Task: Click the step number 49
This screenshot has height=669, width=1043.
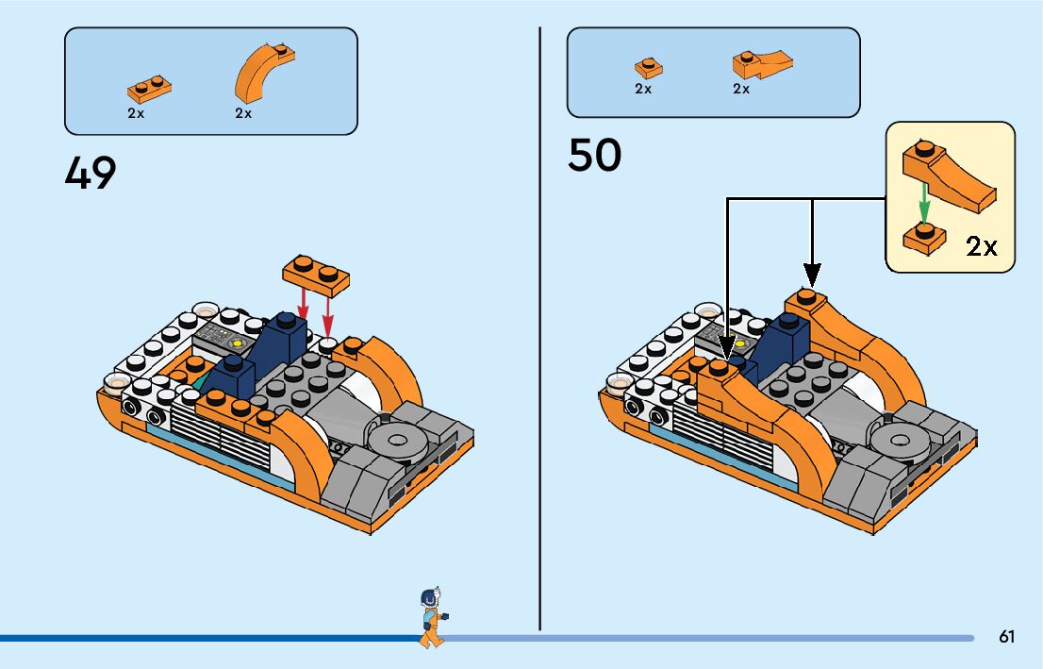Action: click(91, 173)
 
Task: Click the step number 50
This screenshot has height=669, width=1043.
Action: click(594, 156)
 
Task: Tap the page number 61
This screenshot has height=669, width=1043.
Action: click(1007, 637)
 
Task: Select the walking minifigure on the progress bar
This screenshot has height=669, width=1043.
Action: click(431, 618)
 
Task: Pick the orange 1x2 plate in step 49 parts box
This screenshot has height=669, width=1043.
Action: click(149, 88)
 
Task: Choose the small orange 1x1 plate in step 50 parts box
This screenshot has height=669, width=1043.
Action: click(648, 68)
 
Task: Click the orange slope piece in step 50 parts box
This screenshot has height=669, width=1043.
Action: click(761, 64)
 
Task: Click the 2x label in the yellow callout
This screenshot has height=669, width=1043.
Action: click(982, 246)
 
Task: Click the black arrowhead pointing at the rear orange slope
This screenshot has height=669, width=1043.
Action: click(812, 275)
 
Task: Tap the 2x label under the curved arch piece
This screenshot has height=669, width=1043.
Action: click(243, 113)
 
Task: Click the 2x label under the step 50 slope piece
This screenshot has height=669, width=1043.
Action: click(741, 89)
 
